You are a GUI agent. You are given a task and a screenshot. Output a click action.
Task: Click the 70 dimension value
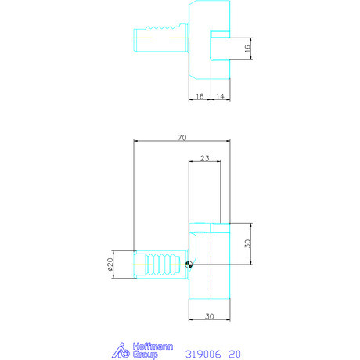tap(182, 138)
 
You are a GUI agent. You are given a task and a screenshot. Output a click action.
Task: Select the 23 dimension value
tap(204, 157)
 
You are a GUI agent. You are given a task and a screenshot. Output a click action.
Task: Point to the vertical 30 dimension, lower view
tap(247, 243)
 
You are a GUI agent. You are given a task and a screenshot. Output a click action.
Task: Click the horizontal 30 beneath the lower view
tap(211, 316)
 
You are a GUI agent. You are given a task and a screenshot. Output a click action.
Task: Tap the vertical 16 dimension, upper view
tap(247, 48)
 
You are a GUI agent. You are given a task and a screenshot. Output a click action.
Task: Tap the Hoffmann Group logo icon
tap(121, 351)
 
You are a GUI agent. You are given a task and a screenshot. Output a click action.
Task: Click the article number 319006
tap(203, 353)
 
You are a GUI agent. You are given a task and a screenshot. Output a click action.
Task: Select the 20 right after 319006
tap(235, 353)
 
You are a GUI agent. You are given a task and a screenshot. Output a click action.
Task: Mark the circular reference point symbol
tap(189, 265)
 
